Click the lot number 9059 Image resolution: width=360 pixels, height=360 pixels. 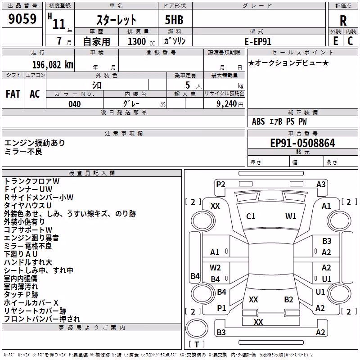22,18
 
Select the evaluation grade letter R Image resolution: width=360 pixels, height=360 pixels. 343,21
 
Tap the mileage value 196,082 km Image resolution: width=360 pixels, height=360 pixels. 53,65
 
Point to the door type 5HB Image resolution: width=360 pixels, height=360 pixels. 174,20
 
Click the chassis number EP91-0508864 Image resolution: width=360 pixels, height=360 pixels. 302,143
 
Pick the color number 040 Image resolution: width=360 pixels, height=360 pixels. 74,104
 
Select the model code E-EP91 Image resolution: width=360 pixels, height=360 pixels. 258,41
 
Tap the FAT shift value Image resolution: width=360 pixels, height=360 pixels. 13,94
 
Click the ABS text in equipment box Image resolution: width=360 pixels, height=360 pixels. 258,121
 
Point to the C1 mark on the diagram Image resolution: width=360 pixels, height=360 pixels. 251,216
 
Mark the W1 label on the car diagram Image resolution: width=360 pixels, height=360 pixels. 291,216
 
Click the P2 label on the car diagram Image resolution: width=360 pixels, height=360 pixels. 220,184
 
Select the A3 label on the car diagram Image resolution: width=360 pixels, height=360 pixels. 321,184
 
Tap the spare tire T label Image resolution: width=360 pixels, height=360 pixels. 197,345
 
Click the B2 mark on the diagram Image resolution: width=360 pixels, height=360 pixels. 288,300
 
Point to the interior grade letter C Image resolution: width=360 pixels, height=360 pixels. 350,41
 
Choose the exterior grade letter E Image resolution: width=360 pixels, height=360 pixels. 336,41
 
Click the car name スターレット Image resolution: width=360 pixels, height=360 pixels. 117,20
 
